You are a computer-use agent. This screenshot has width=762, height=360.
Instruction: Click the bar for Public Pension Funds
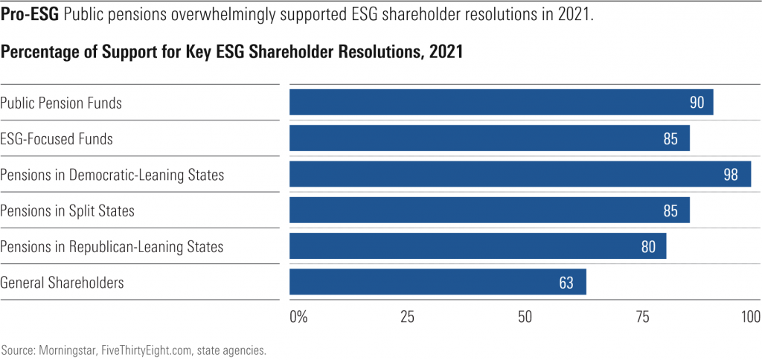(x=501, y=103)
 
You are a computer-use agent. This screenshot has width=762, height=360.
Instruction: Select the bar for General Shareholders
(x=438, y=283)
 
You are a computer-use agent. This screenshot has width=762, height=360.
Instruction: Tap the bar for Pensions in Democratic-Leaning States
(x=519, y=175)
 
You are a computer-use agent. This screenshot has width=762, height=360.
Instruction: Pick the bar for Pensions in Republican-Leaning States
(x=477, y=246)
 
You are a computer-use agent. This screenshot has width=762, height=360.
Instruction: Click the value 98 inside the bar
(x=731, y=175)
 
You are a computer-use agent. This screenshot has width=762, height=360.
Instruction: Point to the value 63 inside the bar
(x=566, y=283)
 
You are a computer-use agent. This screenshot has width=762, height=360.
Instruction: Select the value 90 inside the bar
(x=697, y=103)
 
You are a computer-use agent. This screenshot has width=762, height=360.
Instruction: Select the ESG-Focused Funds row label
(x=57, y=139)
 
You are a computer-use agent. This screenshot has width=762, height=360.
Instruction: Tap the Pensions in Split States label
(x=67, y=210)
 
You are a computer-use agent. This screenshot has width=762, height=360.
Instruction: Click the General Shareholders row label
(x=62, y=283)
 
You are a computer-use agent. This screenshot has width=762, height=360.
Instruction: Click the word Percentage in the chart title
(x=39, y=54)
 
